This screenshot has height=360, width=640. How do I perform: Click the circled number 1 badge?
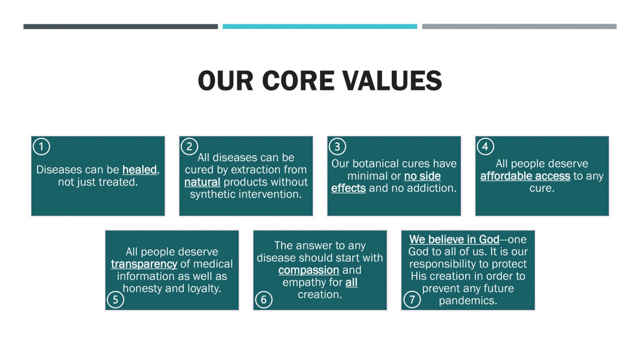(41, 147)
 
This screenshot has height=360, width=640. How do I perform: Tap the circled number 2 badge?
(189, 147)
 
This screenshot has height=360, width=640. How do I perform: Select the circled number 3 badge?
(337, 147)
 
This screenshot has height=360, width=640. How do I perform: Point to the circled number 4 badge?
(485, 147)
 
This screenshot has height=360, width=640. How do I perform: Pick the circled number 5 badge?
(115, 300)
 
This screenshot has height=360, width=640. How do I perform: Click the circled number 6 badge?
(263, 300)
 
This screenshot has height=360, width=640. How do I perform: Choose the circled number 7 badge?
(412, 300)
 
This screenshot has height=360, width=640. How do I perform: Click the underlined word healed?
(140, 170)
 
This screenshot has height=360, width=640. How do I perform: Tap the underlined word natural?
(202, 182)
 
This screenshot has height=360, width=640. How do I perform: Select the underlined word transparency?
(144, 264)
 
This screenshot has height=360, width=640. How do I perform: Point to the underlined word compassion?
(309, 270)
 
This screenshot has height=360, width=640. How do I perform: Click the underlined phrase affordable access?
(525, 176)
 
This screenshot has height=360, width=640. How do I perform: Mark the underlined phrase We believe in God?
(454, 240)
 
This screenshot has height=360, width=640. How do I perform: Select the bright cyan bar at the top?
(320, 27)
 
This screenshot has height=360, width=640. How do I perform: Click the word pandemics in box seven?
(468, 301)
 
